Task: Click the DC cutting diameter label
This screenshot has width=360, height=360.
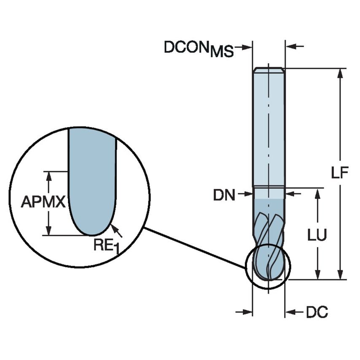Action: pyautogui.click(x=317, y=312)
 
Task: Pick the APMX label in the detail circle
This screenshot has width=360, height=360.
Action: pyautogui.click(x=43, y=202)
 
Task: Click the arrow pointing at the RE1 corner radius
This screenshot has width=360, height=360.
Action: pyautogui.click(x=117, y=230)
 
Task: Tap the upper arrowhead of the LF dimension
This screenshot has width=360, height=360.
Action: pyautogui.click(x=340, y=73)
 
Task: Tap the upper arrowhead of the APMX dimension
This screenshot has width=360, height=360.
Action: pyautogui.click(x=49, y=176)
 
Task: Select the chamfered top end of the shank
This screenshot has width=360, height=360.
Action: pyautogui.click(x=269, y=70)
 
